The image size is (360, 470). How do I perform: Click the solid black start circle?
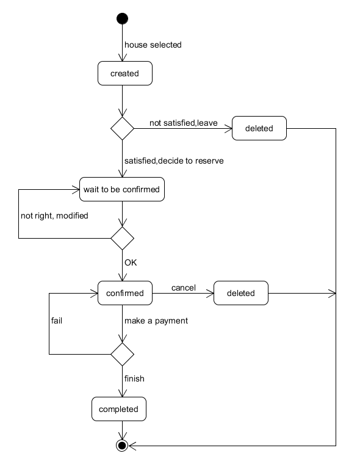(x=122, y=18)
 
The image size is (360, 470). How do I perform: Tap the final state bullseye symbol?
(x=122, y=446)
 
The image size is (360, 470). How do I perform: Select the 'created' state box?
(x=125, y=73)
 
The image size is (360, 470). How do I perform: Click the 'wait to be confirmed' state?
(x=122, y=189)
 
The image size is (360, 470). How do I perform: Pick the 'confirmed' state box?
(x=125, y=293)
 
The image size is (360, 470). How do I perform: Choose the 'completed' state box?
(x=119, y=409)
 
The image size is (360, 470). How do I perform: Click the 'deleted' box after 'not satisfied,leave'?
(x=259, y=128)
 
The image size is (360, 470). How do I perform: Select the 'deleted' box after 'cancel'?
(x=241, y=293)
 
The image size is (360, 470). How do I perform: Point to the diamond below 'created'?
(x=122, y=128)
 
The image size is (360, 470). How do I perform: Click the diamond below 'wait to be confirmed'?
(x=122, y=238)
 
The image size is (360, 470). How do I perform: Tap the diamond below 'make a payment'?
(x=122, y=354)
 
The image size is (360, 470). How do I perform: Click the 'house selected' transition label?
(x=153, y=45)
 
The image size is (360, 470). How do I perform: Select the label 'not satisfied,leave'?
(x=184, y=123)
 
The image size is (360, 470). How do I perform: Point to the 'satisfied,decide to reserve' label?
(x=174, y=161)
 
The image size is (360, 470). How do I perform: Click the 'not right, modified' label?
(x=54, y=216)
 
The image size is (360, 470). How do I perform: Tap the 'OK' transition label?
(x=131, y=262)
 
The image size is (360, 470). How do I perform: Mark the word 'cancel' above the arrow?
(x=184, y=287)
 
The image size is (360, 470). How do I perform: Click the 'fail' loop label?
(x=57, y=320)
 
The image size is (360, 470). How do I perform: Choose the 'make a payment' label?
(x=156, y=320)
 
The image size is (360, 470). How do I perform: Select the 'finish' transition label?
(x=134, y=378)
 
